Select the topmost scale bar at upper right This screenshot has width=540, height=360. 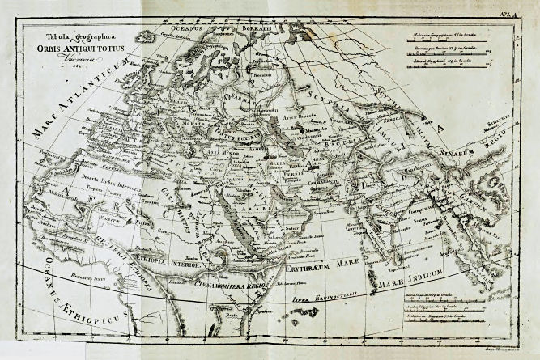pyautogui.click(x=440, y=41)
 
